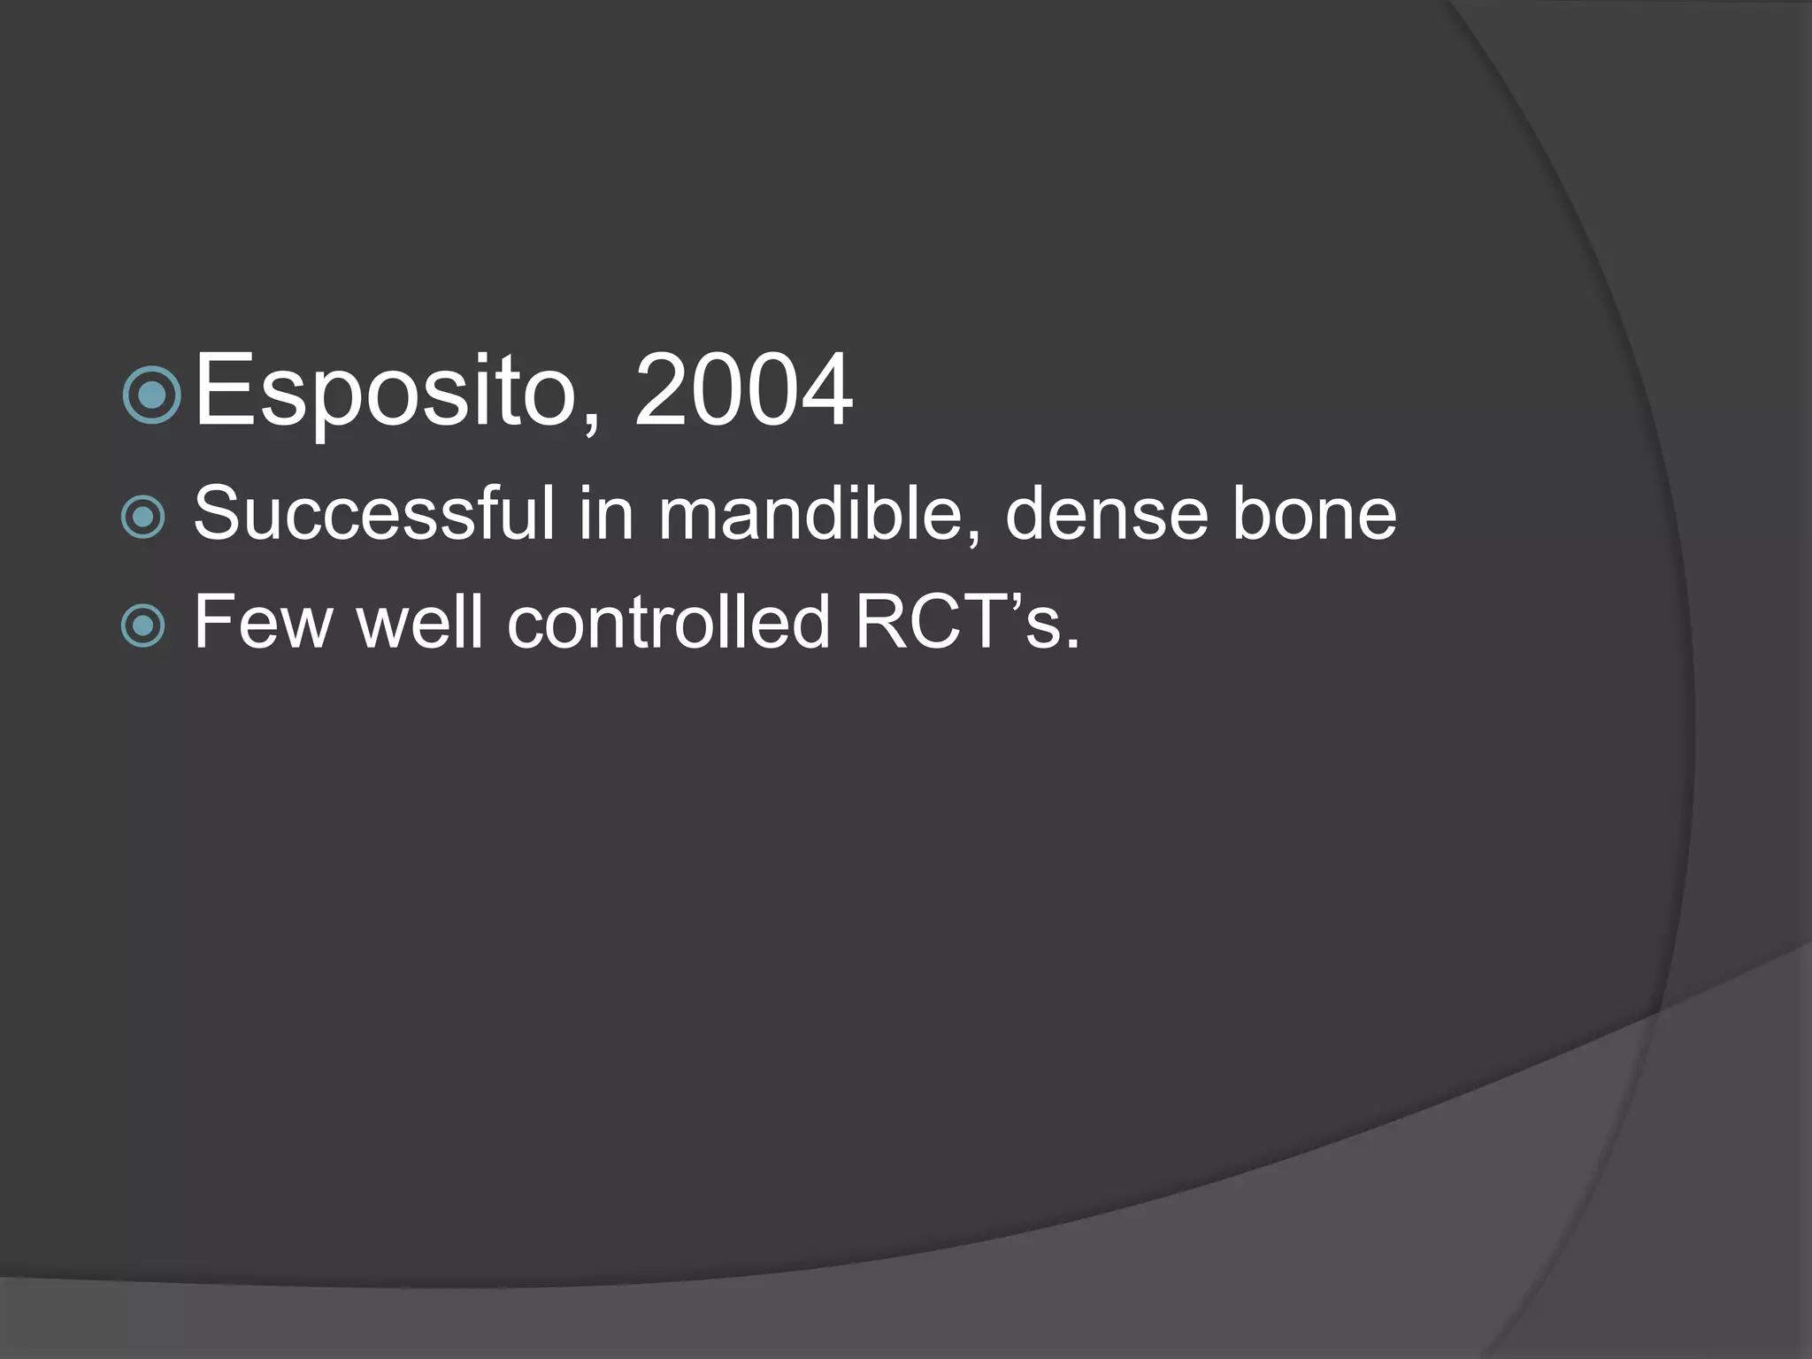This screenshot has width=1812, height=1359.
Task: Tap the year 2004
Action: tap(743, 391)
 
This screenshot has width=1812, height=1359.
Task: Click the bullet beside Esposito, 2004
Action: tap(152, 395)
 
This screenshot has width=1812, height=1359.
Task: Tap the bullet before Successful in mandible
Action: tap(143, 517)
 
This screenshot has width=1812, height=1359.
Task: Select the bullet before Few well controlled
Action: tap(143, 626)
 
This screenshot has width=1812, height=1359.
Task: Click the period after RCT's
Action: tap(1072, 644)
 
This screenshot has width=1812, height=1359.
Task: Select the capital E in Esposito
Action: tap(221, 391)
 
